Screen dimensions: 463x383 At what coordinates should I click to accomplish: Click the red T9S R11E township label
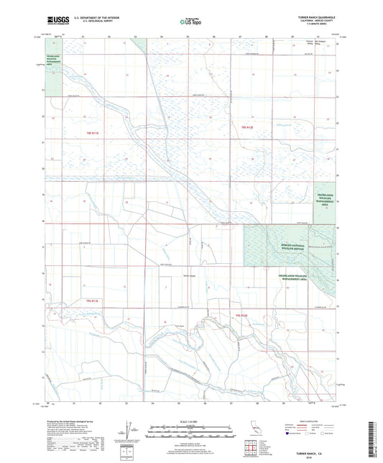(x=91, y=133)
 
